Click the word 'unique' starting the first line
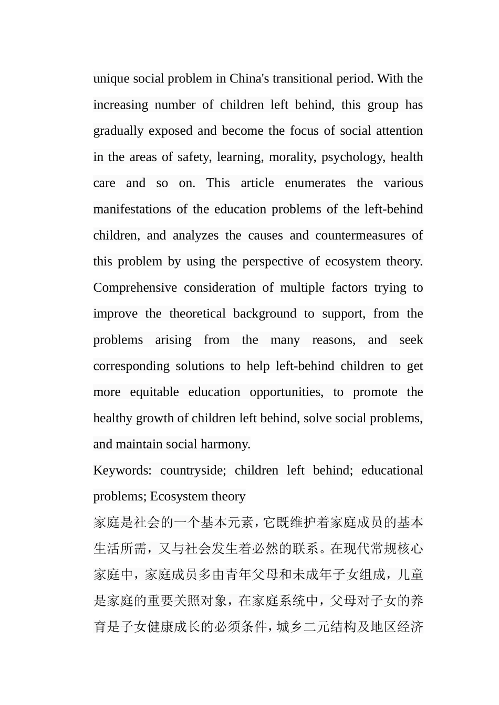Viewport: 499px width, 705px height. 111,79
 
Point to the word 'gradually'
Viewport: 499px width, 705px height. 118,131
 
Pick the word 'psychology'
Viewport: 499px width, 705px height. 353,157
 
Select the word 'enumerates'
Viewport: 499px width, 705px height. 315,183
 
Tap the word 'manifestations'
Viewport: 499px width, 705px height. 132,209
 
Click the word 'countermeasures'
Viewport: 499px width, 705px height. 360,236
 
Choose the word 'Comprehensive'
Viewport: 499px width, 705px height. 135,287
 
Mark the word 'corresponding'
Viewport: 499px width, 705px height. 131,366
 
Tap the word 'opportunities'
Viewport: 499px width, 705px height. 286,392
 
